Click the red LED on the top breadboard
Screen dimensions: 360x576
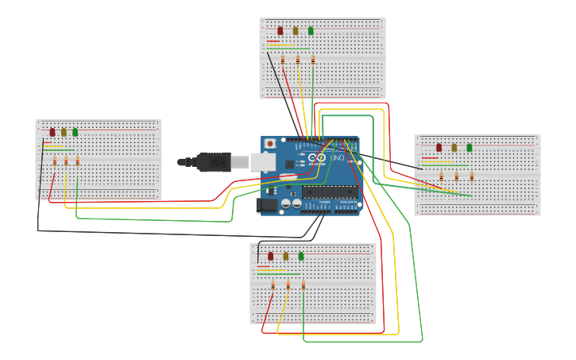click(x=280, y=31)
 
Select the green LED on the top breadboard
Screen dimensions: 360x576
click(x=311, y=31)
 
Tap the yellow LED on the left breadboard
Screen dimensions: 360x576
click(x=64, y=133)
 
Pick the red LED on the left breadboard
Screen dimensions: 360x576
click(x=52, y=133)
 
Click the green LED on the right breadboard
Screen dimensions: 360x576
click(x=470, y=147)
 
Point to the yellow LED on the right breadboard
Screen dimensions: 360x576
click(x=454, y=147)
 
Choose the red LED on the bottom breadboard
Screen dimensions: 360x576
click(x=270, y=256)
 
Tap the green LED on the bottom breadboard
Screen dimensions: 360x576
click(x=301, y=256)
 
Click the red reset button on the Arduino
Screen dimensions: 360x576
click(x=270, y=144)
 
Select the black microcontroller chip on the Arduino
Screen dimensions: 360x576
click(x=327, y=191)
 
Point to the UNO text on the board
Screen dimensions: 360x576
click(x=337, y=158)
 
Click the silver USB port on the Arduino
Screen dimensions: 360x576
click(x=263, y=162)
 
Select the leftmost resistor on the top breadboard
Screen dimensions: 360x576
click(x=282, y=60)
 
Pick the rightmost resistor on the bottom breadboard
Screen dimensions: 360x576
click(x=303, y=285)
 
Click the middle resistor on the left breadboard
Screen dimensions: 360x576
click(x=66, y=162)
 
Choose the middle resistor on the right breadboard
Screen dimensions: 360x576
click(x=456, y=176)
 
